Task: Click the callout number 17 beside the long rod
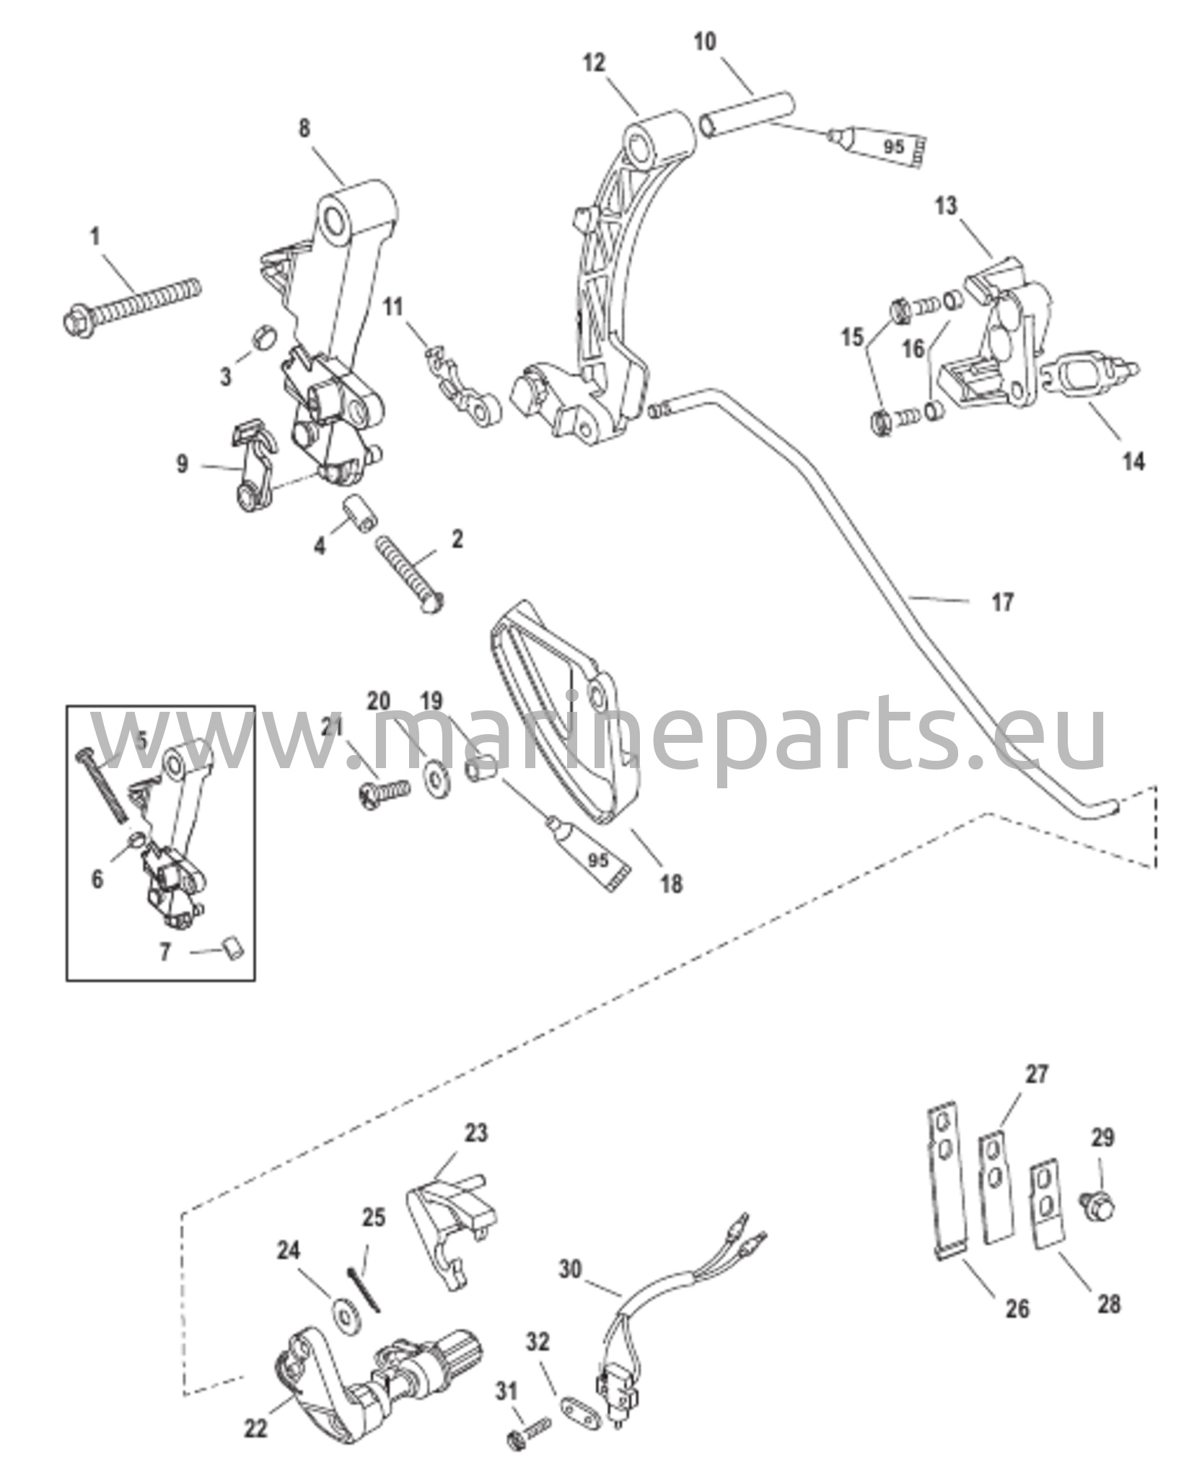[x=1002, y=601]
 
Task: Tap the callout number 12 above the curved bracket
[x=595, y=64]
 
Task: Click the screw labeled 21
[x=385, y=793]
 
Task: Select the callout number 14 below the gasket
[x=1134, y=461]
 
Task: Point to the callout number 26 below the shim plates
[x=1018, y=1308]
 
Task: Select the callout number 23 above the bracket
[x=475, y=1133]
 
